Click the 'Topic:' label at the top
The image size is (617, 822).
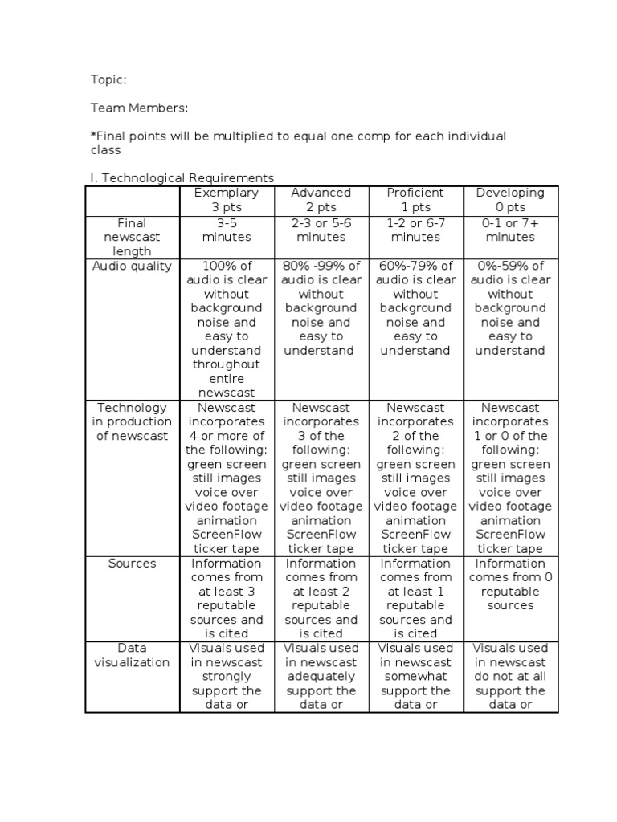click(x=108, y=79)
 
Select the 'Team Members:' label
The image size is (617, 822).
click(x=139, y=108)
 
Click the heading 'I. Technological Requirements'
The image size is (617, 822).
click(x=182, y=178)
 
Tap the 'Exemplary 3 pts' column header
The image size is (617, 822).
click(x=227, y=200)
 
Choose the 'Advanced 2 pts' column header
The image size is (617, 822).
click(x=321, y=200)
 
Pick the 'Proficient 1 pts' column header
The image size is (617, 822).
click(x=415, y=200)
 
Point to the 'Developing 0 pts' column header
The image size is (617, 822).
click(x=510, y=200)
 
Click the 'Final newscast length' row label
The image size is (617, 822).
click(x=133, y=238)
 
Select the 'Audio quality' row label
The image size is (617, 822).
click(x=133, y=267)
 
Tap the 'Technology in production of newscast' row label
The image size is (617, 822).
click(x=133, y=421)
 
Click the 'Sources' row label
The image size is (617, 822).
click(x=133, y=564)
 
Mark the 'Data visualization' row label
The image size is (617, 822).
click(x=133, y=655)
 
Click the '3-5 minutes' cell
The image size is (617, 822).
click(x=227, y=230)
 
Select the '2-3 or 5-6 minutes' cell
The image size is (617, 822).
click(x=321, y=230)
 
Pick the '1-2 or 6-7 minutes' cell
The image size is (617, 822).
click(x=415, y=230)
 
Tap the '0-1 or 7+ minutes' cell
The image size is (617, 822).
click(x=510, y=230)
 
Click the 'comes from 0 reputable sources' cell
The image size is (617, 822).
click(x=510, y=584)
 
